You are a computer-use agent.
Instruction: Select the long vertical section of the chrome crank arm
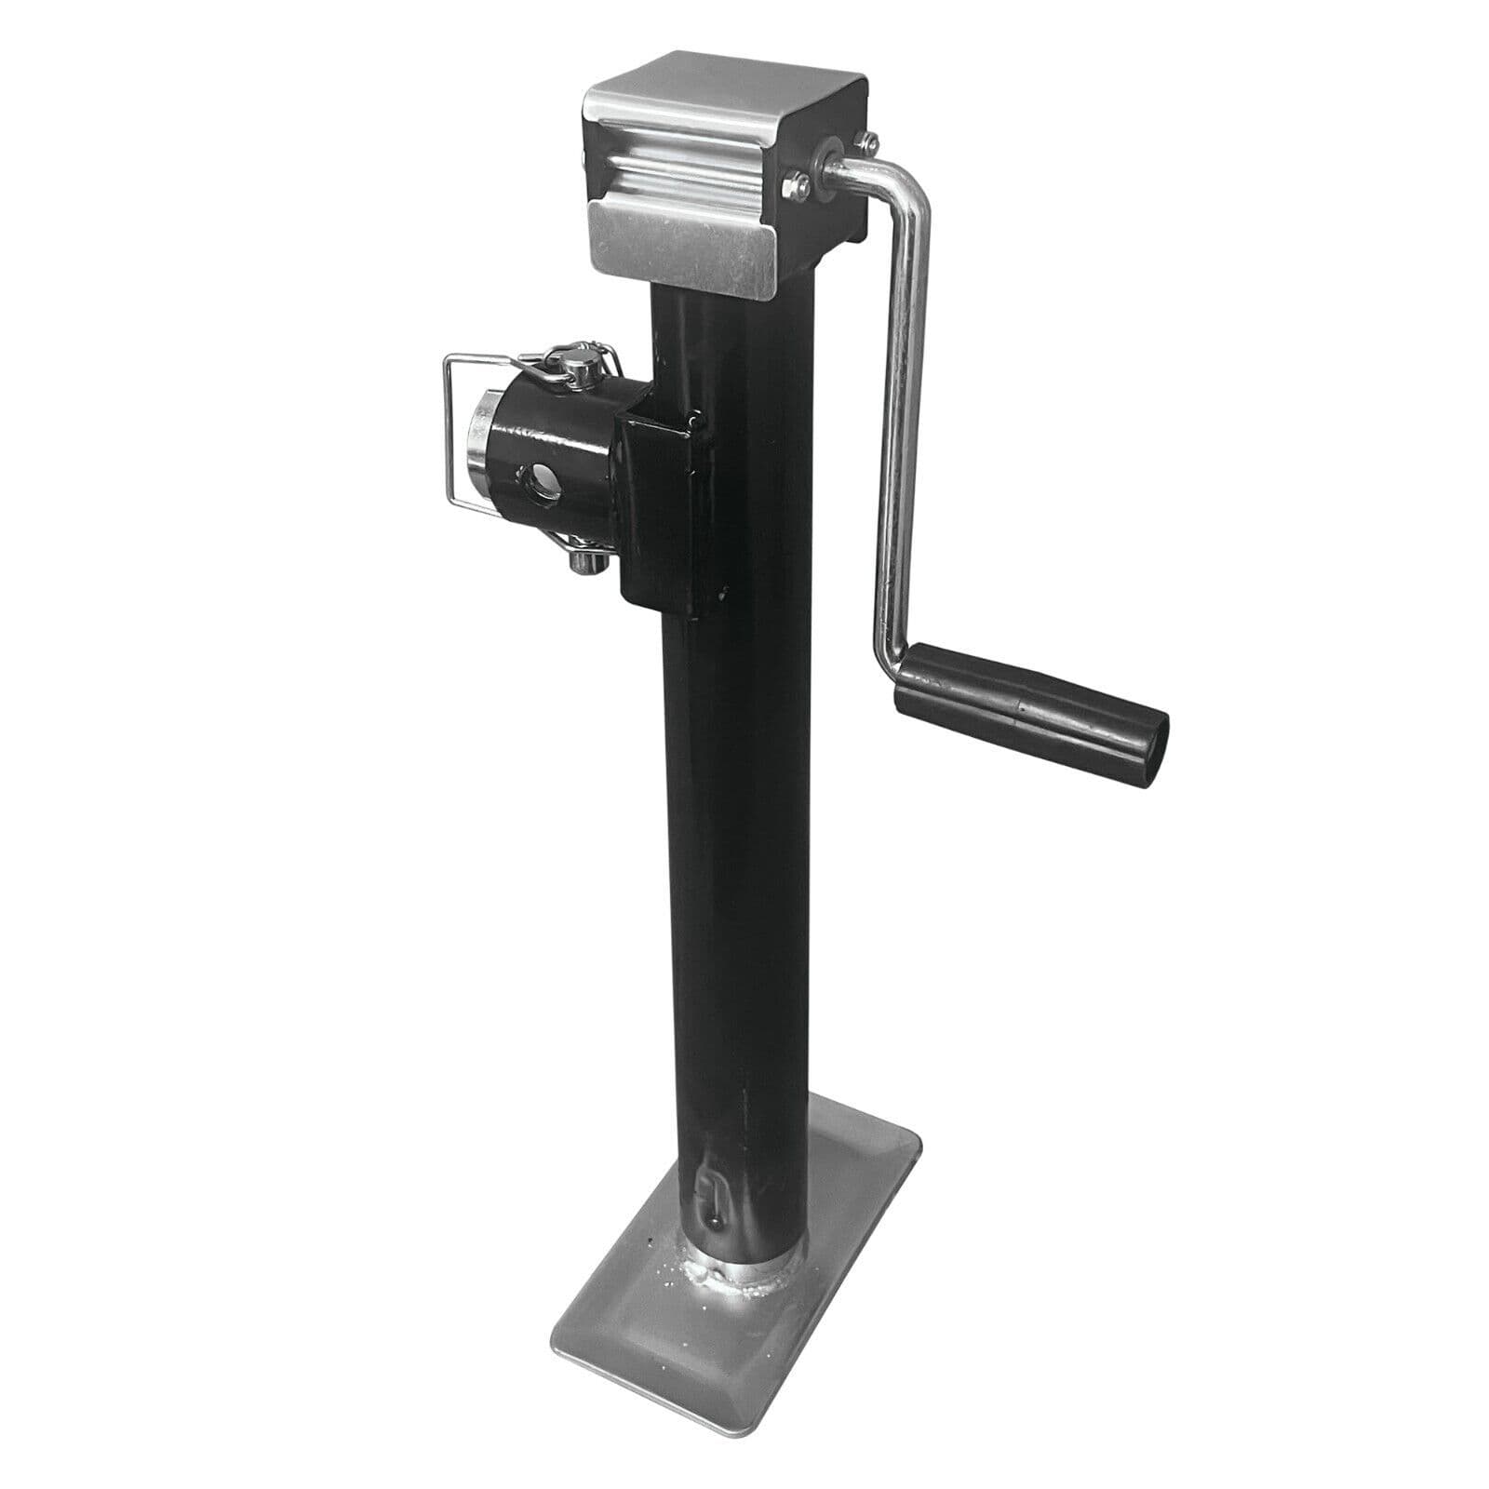(898, 419)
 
